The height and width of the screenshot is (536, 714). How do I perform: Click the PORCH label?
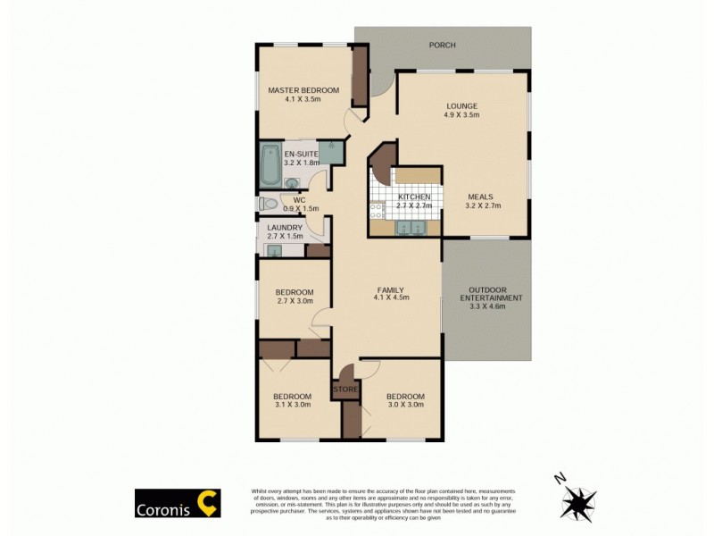click(x=442, y=44)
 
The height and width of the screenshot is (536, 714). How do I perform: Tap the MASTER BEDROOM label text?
click(x=303, y=90)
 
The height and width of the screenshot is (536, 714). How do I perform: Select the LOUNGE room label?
click(x=462, y=105)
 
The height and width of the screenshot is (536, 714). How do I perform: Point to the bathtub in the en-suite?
click(x=270, y=164)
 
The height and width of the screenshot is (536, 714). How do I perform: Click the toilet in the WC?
click(x=269, y=204)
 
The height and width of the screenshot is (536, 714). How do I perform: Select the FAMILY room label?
click(x=390, y=289)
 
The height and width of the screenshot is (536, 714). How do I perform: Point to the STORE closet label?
click(x=345, y=389)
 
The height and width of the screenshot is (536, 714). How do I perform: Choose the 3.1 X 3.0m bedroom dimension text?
click(x=292, y=405)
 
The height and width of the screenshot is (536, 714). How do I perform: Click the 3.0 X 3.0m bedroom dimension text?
click(x=405, y=405)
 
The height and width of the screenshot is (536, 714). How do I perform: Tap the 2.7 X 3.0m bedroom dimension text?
click(x=294, y=301)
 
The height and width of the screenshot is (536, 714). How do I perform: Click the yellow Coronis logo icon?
click(x=208, y=503)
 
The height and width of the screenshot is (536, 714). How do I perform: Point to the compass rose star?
click(x=581, y=502)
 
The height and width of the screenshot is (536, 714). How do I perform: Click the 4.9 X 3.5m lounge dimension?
click(x=462, y=114)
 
